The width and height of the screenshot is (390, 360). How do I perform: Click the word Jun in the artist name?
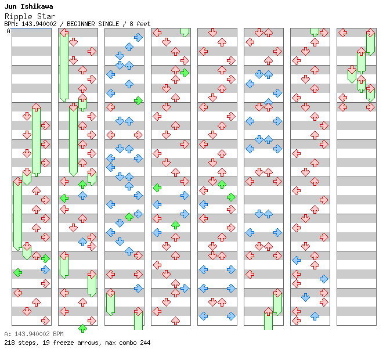[10, 6]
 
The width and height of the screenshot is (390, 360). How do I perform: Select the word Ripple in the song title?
[17, 16]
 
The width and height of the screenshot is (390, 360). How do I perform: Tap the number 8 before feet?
[131, 24]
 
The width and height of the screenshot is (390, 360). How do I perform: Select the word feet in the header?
[143, 24]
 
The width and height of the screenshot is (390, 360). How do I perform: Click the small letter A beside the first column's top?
[8, 31]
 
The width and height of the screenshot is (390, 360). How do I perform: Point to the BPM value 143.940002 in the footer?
[31, 334]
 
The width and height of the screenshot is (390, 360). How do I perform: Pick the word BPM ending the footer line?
[58, 334]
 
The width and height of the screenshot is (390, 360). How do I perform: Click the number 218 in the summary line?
[9, 343]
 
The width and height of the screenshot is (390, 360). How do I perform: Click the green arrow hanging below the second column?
[82, 329]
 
